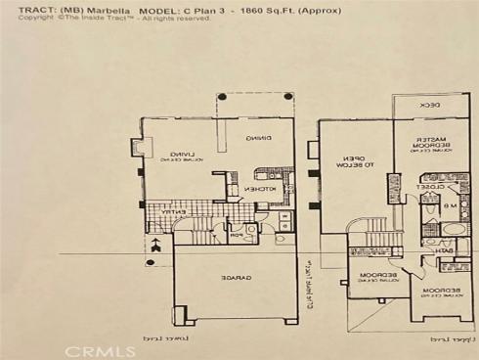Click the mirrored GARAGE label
pyautogui.click(x=235, y=280)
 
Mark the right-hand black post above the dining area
pyautogui.click(x=289, y=96)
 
